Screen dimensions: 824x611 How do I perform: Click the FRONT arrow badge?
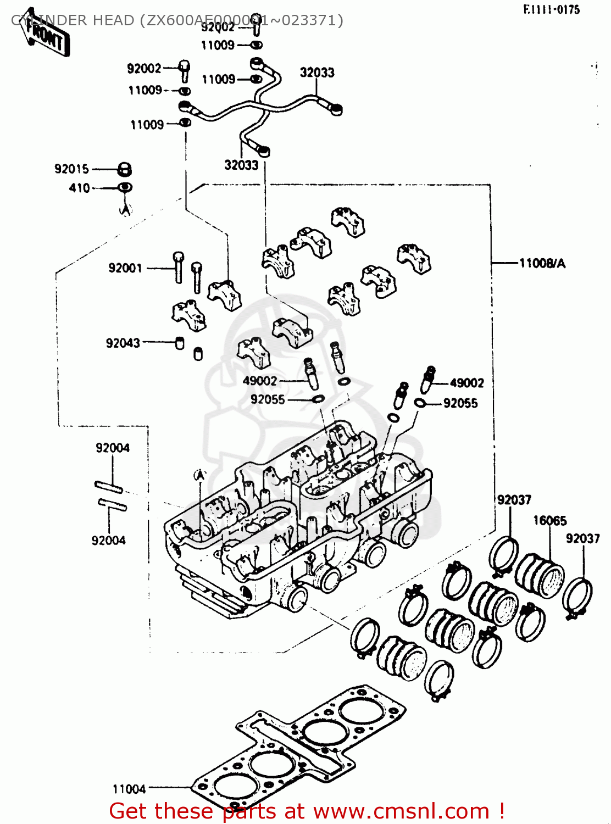coord(46,38)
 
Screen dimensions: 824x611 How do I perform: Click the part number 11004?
coord(129,789)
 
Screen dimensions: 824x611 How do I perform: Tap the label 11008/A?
coord(542,264)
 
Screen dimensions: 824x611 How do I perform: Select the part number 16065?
coord(549,520)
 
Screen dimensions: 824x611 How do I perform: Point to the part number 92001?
coord(125,268)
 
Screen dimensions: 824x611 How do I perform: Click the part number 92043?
coord(123,343)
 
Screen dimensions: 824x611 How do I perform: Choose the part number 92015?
coord(71,169)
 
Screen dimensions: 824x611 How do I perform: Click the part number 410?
coord(79,188)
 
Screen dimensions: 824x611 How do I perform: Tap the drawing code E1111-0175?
coord(551,9)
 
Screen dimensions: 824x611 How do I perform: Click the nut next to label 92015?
coord(125,169)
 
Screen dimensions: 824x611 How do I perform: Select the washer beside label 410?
coord(125,187)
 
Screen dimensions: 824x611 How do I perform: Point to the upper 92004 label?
coord(113,448)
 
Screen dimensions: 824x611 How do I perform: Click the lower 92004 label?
coord(108,541)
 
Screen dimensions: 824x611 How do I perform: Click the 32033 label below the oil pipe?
coord(241,165)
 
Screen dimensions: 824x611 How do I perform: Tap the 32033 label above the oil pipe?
coord(317,73)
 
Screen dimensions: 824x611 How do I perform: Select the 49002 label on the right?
coord(466,383)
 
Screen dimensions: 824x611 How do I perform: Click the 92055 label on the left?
coord(268,399)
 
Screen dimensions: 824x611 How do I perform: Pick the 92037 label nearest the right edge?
coord(582,539)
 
